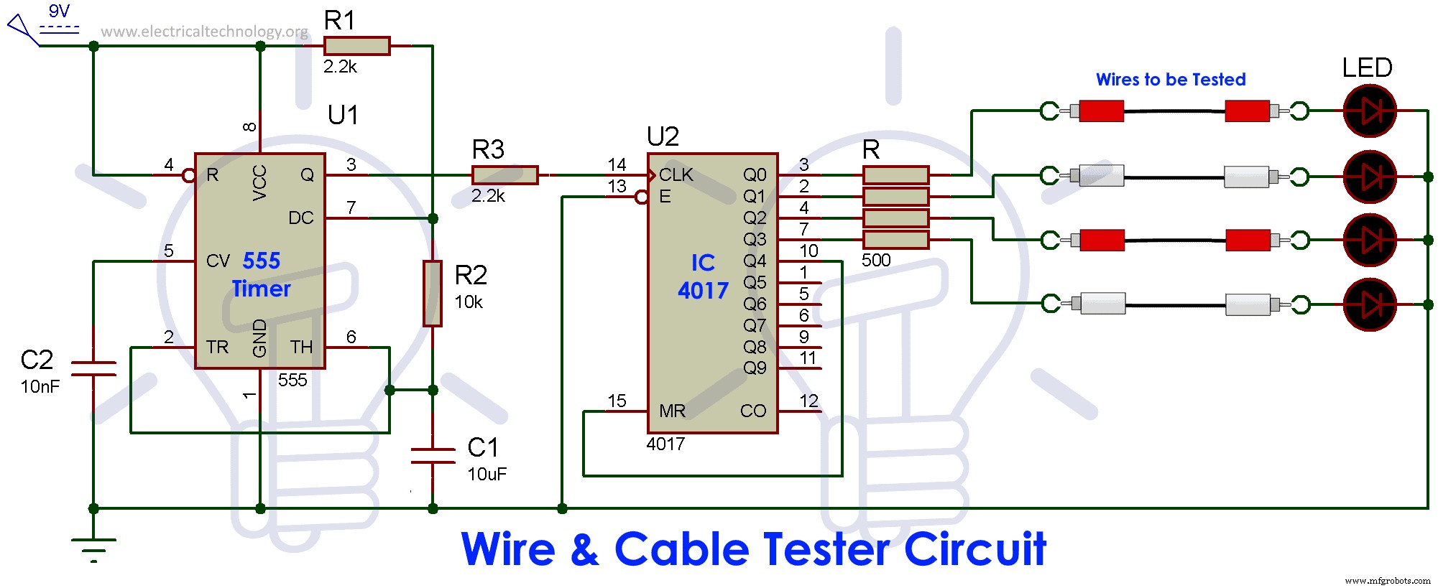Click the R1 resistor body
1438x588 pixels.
[x=356, y=46]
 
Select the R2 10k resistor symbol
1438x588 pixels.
[x=432, y=294]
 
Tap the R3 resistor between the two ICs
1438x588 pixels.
[x=504, y=174]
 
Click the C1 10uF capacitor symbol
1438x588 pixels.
[x=433, y=456]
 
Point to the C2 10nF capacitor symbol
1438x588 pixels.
[x=93, y=369]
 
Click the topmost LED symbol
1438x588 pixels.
[x=1370, y=111]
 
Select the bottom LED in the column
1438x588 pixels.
[x=1370, y=305]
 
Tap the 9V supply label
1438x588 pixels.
[x=59, y=11]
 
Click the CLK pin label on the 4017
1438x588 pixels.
[x=676, y=175]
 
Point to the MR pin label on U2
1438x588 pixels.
[x=672, y=411]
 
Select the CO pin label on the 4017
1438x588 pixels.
[x=753, y=411]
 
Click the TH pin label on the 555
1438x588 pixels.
[x=301, y=347]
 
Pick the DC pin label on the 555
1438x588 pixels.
[x=300, y=218]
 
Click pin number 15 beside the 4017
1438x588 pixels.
[x=617, y=401]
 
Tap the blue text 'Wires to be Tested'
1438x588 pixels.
[x=1171, y=80]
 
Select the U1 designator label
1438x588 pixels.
[x=343, y=115]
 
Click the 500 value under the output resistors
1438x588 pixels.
[x=876, y=261]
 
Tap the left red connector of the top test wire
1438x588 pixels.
[x=1101, y=111]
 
